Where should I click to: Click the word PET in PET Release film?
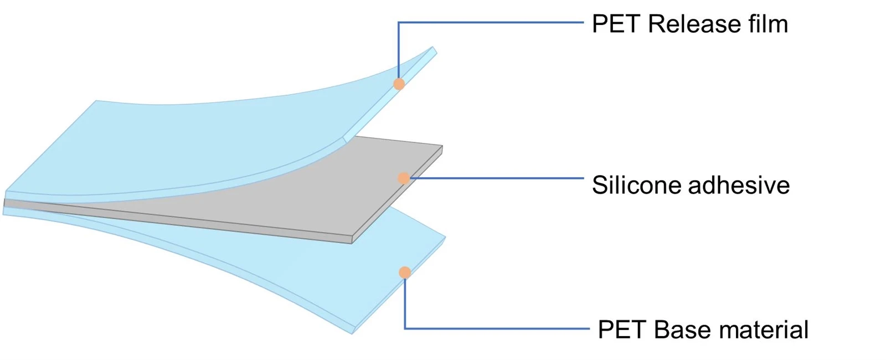coord(616,24)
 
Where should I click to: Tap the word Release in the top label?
coord(693,24)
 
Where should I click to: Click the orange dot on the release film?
coord(399,84)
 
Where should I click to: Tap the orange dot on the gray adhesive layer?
coord(404,178)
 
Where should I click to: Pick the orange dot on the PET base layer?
coord(405,272)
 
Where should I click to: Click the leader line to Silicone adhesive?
coord(497,178)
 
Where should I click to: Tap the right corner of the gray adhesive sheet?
coord(442,146)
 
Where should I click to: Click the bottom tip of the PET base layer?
coord(352,333)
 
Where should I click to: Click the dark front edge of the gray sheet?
coord(178,222)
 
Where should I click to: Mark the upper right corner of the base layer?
coord(445,237)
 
